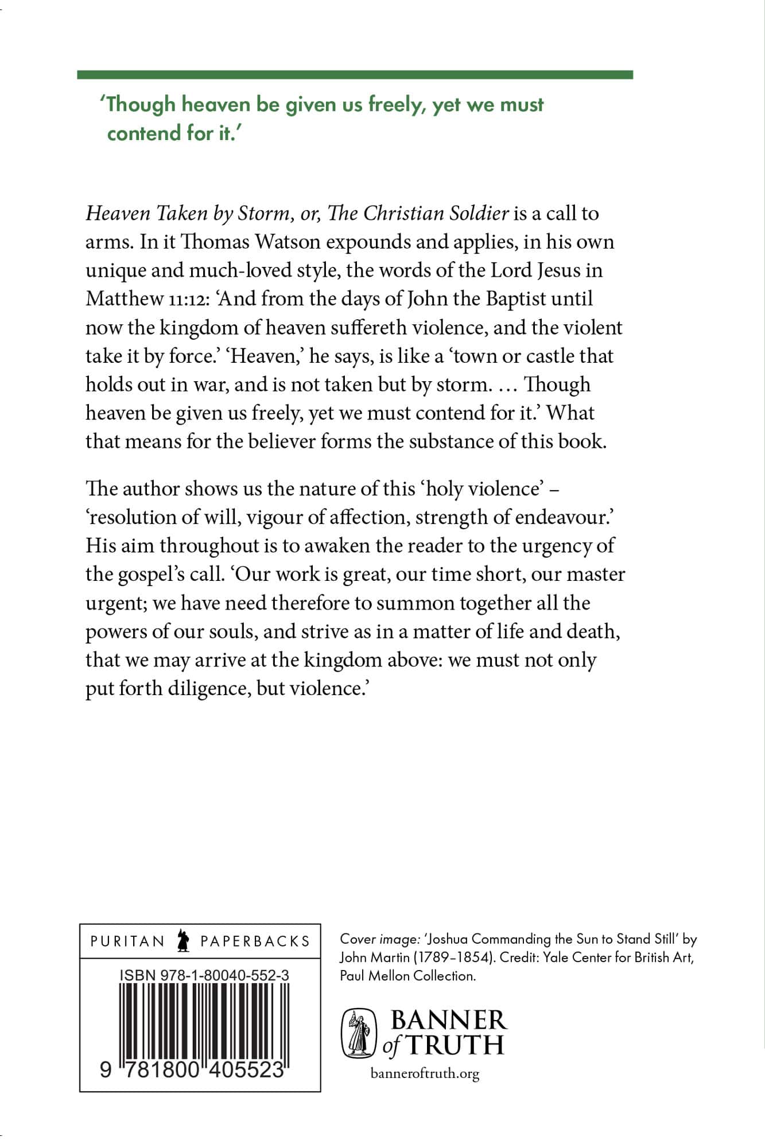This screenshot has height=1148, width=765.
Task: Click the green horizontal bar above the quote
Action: [x=355, y=75]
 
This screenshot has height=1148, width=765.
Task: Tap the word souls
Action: [x=232, y=631]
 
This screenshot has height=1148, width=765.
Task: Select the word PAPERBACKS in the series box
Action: [x=255, y=941]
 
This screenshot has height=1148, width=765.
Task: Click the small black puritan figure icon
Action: [x=184, y=941]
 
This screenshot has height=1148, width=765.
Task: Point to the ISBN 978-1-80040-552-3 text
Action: [x=204, y=975]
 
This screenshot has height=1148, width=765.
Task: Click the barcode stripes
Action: [x=204, y=1022]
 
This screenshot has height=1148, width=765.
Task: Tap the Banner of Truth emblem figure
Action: [x=359, y=1033]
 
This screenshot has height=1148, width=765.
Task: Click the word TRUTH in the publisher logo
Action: [x=455, y=1045]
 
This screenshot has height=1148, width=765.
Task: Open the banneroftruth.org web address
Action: [x=425, y=1073]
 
